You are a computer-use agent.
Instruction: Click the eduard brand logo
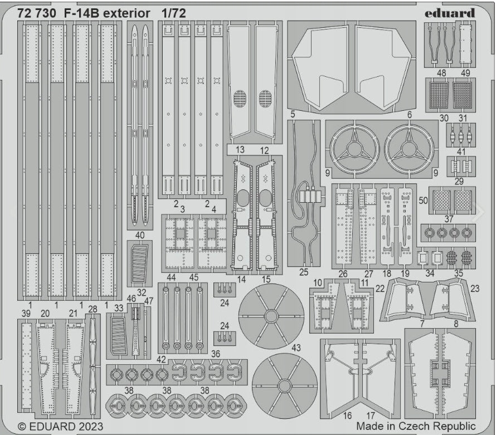coord(450,13)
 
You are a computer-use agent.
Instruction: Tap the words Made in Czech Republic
coord(416,426)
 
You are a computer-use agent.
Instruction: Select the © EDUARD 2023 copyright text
coord(60,427)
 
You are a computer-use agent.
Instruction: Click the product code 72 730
coord(37,13)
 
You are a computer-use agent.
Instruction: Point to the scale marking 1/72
coord(173,13)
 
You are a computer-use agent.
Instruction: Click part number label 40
coord(139,235)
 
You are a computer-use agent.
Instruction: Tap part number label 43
coord(296,348)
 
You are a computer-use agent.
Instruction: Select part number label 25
coord(303,272)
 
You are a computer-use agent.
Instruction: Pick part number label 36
coord(216,354)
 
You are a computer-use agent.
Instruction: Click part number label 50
coord(423,201)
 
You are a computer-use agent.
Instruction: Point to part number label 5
coord(293,114)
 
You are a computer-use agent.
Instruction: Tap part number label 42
coord(161,359)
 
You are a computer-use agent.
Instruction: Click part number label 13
coord(240,149)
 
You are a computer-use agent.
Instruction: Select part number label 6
coord(409,115)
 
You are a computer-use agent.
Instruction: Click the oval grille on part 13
coord(240,99)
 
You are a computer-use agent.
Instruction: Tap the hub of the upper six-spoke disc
coord(271,316)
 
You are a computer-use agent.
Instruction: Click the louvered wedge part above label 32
coord(139,263)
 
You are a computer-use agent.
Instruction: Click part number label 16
coord(347,416)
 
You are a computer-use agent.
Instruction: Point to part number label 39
coord(26,313)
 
